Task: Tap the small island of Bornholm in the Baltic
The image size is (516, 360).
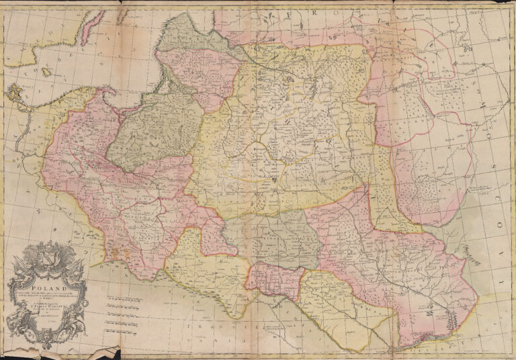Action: [45, 71]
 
